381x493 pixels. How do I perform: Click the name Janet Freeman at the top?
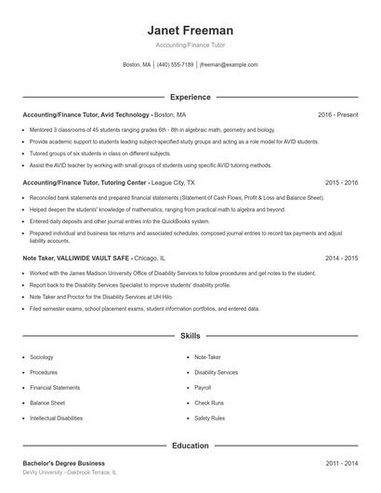coord(190,30)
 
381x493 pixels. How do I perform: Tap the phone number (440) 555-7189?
coord(175,65)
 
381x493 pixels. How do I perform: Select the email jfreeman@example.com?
coord(229,65)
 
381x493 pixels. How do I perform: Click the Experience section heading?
coord(190,97)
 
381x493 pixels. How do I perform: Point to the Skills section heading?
coord(190,335)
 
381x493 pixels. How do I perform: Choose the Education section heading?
coord(190,446)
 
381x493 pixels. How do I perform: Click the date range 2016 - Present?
coord(337,114)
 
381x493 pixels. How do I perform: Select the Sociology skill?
coord(42,357)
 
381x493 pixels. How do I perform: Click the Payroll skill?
coord(203,387)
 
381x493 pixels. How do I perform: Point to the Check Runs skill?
coord(208,403)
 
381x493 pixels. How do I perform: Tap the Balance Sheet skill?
coord(46,403)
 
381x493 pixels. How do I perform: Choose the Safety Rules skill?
coord(209,418)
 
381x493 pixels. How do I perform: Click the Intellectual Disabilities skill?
coord(56,418)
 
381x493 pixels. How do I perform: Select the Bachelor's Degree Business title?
coord(63,463)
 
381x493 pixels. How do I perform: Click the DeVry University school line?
coord(70,473)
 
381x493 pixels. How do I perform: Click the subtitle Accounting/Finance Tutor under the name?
coord(190,45)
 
